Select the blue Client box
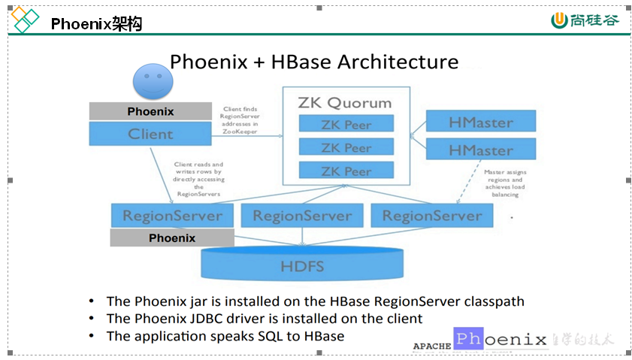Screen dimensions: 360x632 pos(150,135)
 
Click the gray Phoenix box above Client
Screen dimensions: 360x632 pos(150,111)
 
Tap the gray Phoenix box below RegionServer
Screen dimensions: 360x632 pos(171,238)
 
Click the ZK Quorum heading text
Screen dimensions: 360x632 pos(345,102)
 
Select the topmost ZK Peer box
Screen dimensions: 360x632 pos(346,125)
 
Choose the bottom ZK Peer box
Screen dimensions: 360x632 pos(346,171)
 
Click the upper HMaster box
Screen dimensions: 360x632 pos(481,122)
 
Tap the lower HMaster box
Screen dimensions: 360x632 pos(481,150)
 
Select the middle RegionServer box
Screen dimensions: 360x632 pos(302,216)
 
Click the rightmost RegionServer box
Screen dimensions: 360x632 pos(432,216)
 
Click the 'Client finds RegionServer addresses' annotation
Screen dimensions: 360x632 pos(240,120)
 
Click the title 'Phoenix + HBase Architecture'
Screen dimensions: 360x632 pos(314,62)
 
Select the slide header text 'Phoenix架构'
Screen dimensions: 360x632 pos(96,24)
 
